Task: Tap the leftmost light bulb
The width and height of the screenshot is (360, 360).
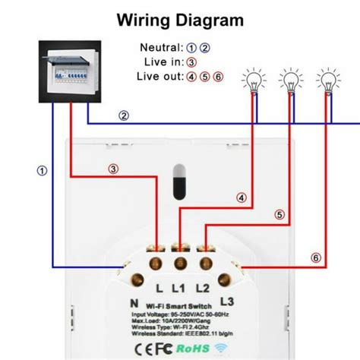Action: tap(253, 80)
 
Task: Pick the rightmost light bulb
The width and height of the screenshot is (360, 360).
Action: tap(328, 80)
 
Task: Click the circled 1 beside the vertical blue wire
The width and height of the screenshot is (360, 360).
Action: tap(42, 172)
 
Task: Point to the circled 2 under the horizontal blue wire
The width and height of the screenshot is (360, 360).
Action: tap(123, 116)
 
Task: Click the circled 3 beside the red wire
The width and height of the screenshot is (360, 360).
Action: tap(112, 169)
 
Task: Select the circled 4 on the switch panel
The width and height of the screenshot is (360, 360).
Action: tap(242, 198)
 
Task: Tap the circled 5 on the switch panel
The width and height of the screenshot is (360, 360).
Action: tap(279, 215)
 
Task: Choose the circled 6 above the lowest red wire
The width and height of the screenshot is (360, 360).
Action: tap(317, 258)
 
